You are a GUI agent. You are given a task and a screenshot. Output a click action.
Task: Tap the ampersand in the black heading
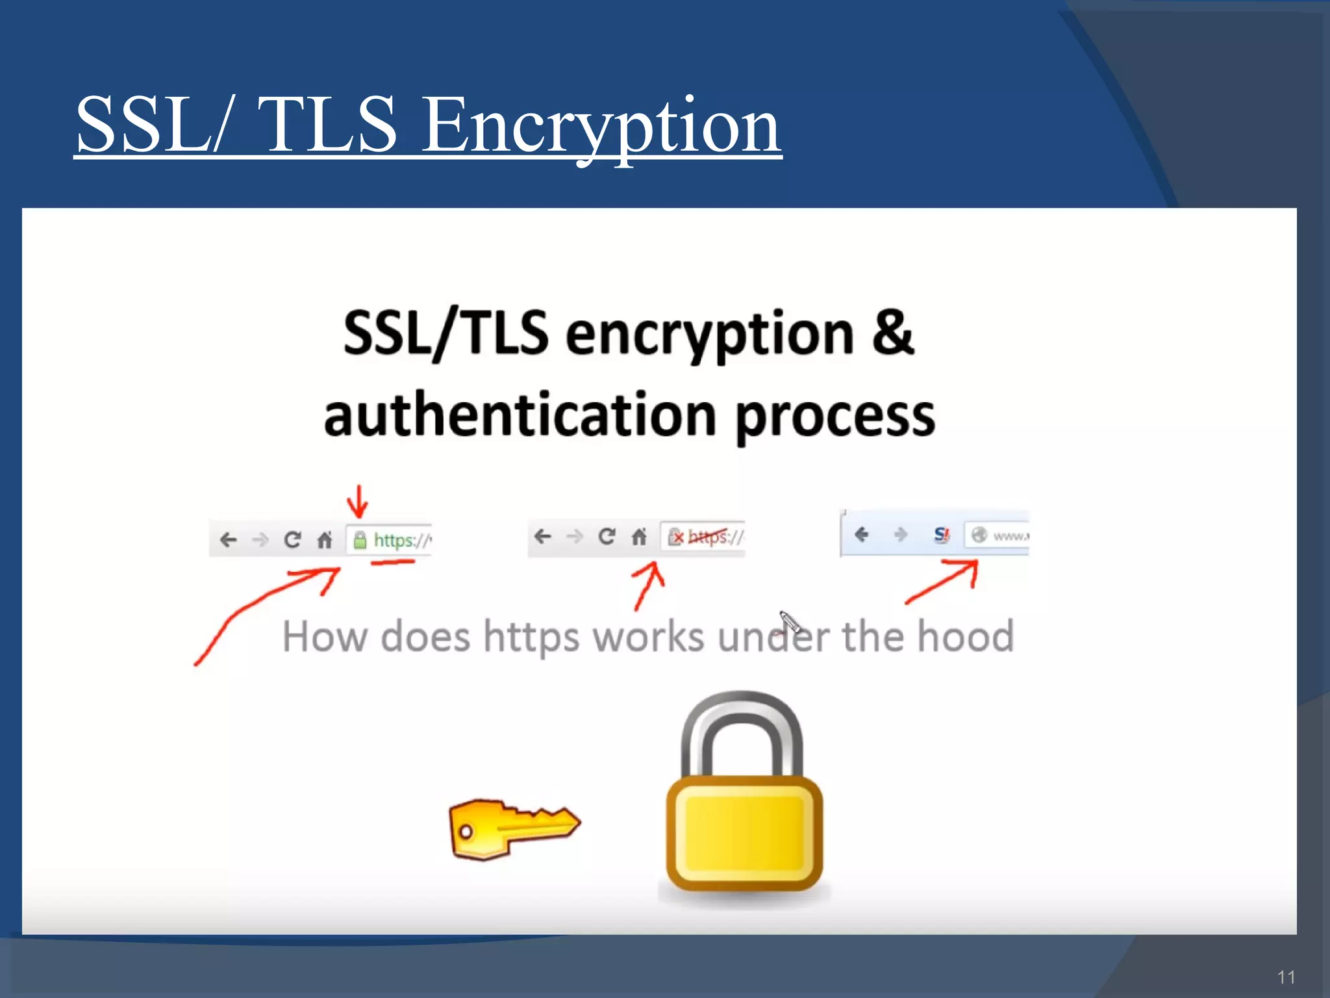click(x=892, y=333)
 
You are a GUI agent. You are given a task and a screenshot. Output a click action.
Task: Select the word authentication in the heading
click(x=520, y=416)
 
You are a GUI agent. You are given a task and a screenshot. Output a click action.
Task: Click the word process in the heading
click(x=835, y=417)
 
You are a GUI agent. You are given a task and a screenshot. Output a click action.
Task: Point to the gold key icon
click(x=513, y=828)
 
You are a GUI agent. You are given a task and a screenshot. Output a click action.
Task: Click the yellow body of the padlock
click(x=744, y=834)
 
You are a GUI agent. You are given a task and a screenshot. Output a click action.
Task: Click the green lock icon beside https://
click(x=359, y=540)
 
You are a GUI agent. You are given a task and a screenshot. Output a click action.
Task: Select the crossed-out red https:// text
click(x=714, y=537)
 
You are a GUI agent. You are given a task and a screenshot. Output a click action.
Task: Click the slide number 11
click(x=1286, y=977)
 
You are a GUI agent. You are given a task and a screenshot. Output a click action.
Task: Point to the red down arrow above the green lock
click(x=357, y=502)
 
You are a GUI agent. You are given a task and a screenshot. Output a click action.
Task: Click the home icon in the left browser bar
click(x=325, y=540)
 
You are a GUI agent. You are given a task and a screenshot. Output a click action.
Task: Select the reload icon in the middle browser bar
click(x=607, y=537)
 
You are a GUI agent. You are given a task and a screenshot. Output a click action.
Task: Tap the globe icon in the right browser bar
click(x=979, y=535)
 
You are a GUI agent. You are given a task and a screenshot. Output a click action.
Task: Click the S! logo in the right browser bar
click(x=941, y=535)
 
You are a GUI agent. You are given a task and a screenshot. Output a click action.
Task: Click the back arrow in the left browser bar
click(x=228, y=540)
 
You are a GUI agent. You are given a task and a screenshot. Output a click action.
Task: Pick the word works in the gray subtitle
click(x=648, y=637)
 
